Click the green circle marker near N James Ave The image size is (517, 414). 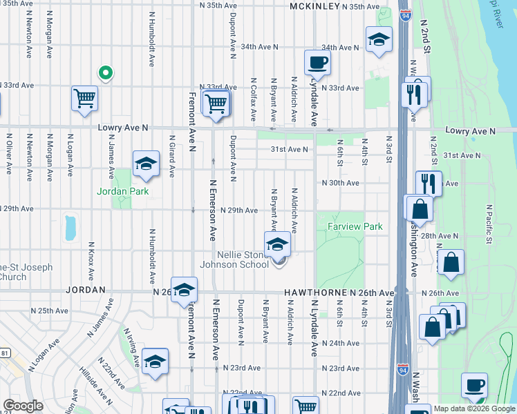point(105,72)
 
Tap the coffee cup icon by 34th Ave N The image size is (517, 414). point(317,62)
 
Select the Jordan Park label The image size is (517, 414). point(123,191)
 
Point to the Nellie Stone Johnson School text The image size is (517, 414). point(234,259)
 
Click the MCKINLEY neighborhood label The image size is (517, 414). point(314,6)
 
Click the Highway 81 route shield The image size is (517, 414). point(5,353)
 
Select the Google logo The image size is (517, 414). point(23,406)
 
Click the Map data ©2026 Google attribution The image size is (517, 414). point(473,408)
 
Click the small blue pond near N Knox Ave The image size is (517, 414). point(70,227)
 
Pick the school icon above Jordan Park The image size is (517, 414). point(145,164)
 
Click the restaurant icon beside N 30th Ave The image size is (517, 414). point(429,184)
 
